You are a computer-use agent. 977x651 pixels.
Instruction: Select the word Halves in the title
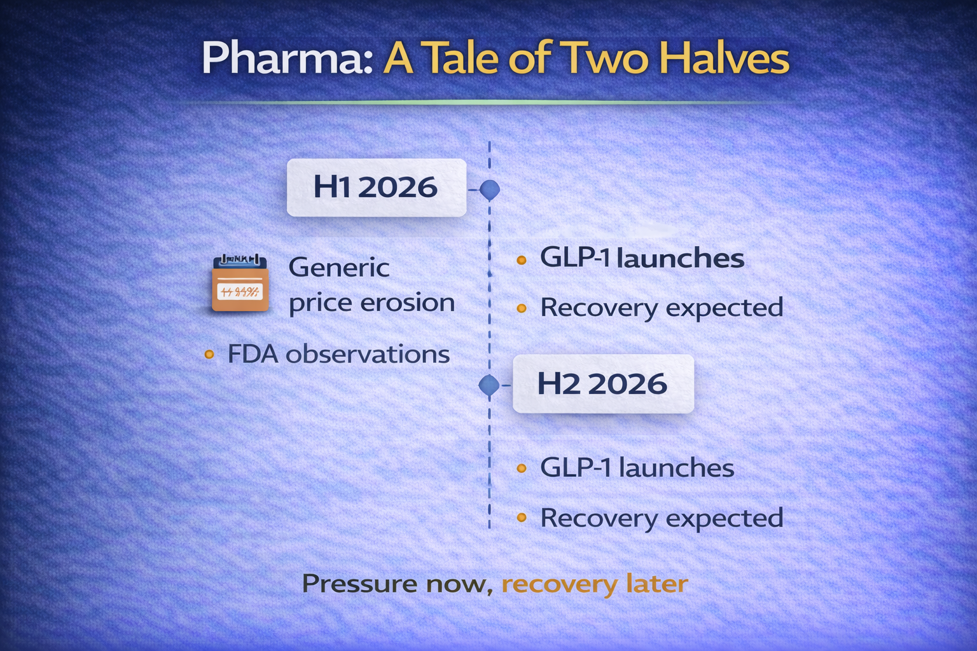coord(724,58)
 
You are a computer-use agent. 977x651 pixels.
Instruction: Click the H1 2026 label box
coord(377,188)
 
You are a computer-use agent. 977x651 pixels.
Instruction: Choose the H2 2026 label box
coord(603,384)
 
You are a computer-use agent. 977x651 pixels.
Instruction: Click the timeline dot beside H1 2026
coord(489,189)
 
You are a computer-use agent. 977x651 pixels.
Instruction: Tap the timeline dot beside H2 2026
coord(489,385)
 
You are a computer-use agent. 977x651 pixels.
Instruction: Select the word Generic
coord(339,267)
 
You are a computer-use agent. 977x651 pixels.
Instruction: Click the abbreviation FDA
coord(253,353)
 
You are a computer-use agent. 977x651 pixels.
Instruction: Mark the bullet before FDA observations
coord(209,354)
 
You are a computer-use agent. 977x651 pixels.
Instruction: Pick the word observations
coord(368,353)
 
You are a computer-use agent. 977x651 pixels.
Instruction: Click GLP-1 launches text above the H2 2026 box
coord(642,257)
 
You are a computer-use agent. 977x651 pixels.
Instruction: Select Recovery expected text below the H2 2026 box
coord(662,518)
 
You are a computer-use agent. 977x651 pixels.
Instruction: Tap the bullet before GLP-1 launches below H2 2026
coord(521,469)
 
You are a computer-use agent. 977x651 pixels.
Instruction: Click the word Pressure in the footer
coord(359,584)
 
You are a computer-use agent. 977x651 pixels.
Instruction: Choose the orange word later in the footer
coord(657,584)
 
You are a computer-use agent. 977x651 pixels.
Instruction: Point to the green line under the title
coord(488,102)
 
